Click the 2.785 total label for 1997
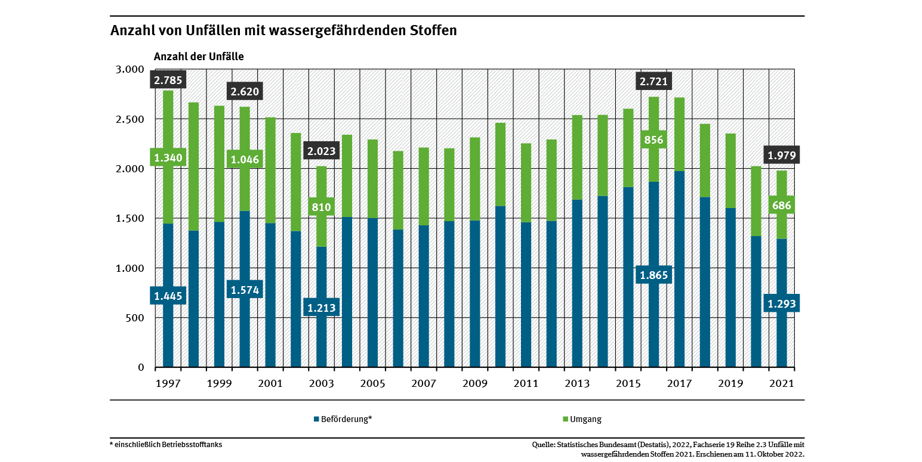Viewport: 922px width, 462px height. [168, 80]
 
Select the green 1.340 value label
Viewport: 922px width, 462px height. [168, 158]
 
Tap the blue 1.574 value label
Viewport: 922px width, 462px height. [245, 290]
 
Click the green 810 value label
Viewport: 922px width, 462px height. [321, 207]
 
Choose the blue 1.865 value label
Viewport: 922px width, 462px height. [653, 275]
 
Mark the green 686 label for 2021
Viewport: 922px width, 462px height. [781, 206]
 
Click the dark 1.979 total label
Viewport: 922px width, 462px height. [781, 156]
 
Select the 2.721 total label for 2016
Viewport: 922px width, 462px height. [653, 80]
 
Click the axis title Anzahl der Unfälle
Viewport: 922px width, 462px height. [199, 57]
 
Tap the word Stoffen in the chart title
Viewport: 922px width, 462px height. [430, 30]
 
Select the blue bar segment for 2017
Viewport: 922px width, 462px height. [679, 268]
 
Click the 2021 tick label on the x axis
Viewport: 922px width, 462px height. [781, 384]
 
